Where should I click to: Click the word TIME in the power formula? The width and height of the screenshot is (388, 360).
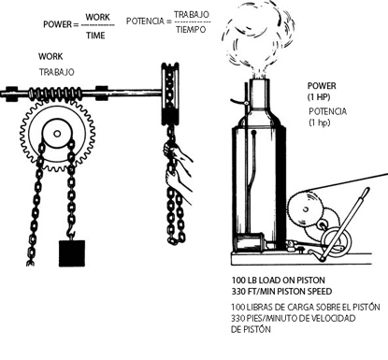95,36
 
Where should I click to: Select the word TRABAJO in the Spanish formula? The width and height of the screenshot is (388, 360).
192,15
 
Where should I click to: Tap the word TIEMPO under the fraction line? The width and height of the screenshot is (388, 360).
191,30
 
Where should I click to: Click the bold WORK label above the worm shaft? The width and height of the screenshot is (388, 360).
50,56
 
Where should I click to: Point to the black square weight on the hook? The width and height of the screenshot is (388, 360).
72,253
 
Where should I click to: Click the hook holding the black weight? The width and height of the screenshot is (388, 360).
71,232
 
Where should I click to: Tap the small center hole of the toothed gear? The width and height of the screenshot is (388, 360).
57,134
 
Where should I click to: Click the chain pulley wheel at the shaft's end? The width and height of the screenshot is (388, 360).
170,94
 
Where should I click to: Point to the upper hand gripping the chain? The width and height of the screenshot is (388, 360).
176,153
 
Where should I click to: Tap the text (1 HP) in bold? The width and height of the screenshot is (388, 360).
319,97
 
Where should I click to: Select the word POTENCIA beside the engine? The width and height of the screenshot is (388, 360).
327,111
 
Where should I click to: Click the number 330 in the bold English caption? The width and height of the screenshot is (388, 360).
238,292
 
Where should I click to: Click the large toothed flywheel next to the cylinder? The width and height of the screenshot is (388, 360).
306,209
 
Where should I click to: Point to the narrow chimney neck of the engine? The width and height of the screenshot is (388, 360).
259,94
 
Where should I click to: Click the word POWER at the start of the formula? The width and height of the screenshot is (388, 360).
57,24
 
